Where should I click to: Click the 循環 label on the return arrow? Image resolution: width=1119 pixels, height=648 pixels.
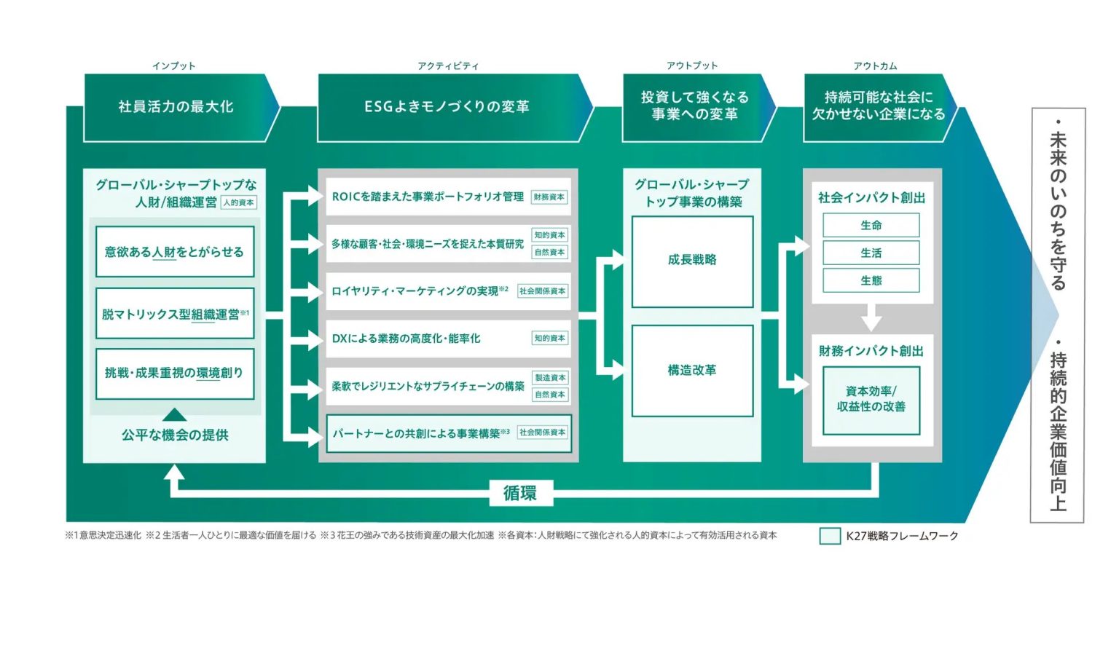pos(520,493)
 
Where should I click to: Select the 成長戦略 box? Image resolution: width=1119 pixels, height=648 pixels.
pos(692,261)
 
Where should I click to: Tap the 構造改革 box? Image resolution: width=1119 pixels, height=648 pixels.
pos(692,371)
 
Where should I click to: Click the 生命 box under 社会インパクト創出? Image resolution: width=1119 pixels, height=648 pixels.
pos(871,225)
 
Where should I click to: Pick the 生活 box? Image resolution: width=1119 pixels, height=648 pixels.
pos(871,253)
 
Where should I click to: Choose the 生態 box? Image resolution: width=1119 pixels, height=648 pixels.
pos(871,280)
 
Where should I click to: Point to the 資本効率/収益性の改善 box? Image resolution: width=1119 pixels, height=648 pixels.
pos(871,400)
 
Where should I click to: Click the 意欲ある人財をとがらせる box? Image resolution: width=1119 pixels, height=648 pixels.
pos(175,252)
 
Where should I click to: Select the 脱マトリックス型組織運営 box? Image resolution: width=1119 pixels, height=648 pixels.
pos(175,314)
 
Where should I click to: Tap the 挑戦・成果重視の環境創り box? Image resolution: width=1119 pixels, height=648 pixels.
pos(175,373)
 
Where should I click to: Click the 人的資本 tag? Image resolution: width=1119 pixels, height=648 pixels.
pos(239,202)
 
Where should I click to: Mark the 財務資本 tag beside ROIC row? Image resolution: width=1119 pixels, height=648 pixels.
pos(549,197)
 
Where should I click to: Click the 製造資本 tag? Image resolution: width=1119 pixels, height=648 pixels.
pos(550,378)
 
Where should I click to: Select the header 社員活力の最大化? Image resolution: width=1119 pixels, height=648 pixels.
pos(176,107)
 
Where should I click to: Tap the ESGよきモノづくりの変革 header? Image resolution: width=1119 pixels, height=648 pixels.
pos(447,107)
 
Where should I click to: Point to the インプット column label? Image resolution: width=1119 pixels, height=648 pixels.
pos(174,66)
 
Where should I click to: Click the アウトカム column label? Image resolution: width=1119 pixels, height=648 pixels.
pos(876,66)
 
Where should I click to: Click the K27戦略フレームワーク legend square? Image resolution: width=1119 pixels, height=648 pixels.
pos(830,536)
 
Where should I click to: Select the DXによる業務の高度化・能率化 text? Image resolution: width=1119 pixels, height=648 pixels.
pos(407,339)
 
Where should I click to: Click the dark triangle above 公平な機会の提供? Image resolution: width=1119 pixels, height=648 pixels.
pos(174,415)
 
